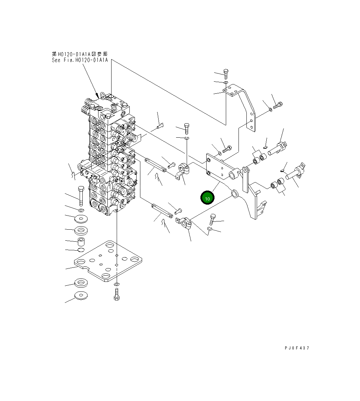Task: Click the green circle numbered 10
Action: pyautogui.click(x=207, y=198)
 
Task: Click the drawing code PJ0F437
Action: pyautogui.click(x=297, y=348)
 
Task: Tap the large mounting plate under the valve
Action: pyautogui.click(x=109, y=260)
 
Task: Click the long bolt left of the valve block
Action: pyautogui.click(x=81, y=196)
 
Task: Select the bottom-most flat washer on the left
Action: pyautogui.click(x=81, y=296)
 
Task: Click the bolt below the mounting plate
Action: pyautogui.click(x=116, y=294)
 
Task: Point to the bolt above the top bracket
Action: pyautogui.click(x=226, y=74)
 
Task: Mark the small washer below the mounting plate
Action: pyautogui.click(x=117, y=285)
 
